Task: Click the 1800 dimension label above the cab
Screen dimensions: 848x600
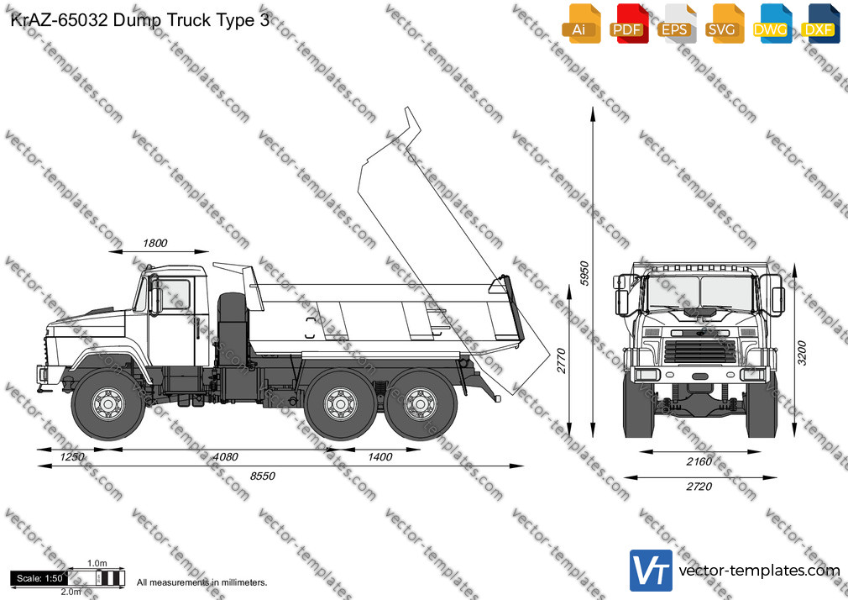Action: tap(155, 243)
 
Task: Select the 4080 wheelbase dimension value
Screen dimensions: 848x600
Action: tap(226, 457)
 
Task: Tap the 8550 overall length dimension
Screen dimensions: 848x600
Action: tap(263, 476)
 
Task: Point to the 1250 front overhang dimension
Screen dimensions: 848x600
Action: tap(72, 457)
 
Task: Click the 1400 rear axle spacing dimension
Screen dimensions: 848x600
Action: tap(380, 457)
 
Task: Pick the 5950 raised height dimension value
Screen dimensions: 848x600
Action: tap(584, 273)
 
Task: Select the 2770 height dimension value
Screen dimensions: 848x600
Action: tap(562, 361)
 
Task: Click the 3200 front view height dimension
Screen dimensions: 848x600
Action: tap(802, 353)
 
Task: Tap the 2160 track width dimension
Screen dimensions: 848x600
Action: tap(699, 462)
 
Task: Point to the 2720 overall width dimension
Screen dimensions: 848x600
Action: tap(699, 487)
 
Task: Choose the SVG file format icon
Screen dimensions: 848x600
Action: tap(722, 24)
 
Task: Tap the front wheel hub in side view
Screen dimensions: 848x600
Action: tap(108, 403)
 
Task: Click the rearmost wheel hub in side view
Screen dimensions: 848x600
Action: tap(421, 403)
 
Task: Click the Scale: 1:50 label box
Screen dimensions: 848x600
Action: tap(39, 578)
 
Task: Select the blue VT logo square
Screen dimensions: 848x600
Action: tap(652, 571)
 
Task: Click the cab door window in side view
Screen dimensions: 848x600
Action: tap(175, 295)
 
